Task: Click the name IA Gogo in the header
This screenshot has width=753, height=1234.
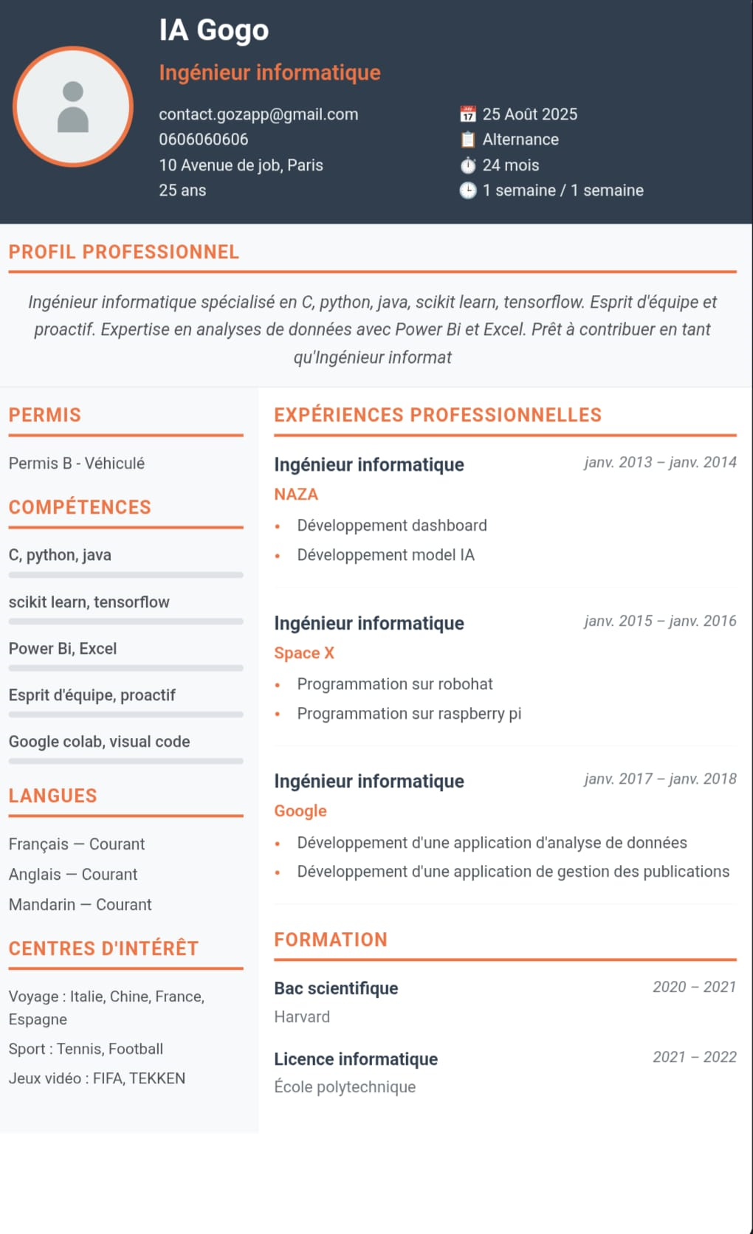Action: pyautogui.click(x=214, y=30)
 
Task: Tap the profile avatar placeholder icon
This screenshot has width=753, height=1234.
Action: pyautogui.click(x=73, y=107)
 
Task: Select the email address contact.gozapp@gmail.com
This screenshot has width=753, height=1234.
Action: pyautogui.click(x=258, y=114)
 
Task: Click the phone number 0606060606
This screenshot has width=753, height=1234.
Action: pyautogui.click(x=203, y=139)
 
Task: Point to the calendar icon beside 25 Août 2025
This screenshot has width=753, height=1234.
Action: pyautogui.click(x=468, y=114)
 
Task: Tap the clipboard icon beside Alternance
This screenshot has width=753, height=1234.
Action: pyautogui.click(x=468, y=139)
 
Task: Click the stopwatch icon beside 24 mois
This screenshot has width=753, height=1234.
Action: pyautogui.click(x=468, y=165)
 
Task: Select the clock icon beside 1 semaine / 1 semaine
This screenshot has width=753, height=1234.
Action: pyautogui.click(x=468, y=190)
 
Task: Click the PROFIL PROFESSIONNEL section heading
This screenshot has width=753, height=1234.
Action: pyautogui.click(x=124, y=252)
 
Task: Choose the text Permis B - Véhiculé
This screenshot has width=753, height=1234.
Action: pyautogui.click(x=77, y=463)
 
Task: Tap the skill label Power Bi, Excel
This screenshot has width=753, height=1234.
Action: pyautogui.click(x=63, y=649)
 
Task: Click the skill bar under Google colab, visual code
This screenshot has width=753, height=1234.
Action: pyautogui.click(x=125, y=761)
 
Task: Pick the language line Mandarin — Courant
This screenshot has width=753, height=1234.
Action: pyautogui.click(x=80, y=905)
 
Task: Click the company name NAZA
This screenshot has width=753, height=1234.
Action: pyautogui.click(x=296, y=494)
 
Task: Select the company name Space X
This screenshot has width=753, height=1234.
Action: pyautogui.click(x=304, y=653)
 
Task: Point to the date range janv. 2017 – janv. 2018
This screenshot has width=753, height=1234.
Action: pyautogui.click(x=660, y=779)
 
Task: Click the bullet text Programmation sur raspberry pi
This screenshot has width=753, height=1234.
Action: pyautogui.click(x=409, y=714)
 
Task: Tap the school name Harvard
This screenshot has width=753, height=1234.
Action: pyautogui.click(x=302, y=1017)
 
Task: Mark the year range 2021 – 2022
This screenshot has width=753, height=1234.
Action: pyautogui.click(x=694, y=1057)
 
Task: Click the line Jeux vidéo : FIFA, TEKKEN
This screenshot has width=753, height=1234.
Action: pyautogui.click(x=97, y=1078)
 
